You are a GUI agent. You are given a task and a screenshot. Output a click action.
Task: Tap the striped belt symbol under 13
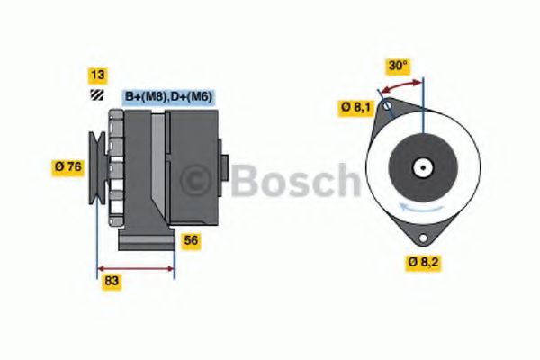point(95,94)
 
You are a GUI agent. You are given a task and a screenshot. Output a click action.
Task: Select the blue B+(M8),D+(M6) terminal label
point(167,96)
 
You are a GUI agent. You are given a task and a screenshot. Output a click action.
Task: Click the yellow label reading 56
point(191,240)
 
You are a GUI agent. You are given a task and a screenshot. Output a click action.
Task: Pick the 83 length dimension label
point(113,282)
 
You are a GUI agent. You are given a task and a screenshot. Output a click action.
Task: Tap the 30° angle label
point(398,66)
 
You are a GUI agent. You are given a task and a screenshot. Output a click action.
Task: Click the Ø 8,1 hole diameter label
point(355,107)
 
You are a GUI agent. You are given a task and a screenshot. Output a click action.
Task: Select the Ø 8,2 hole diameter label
point(426,263)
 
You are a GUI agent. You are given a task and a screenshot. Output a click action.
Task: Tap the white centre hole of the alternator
point(420,166)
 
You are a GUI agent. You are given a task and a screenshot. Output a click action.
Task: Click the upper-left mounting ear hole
point(387,109)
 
